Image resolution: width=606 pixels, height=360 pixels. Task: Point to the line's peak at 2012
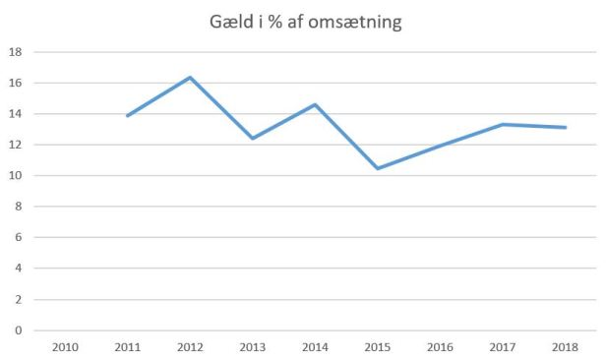[190, 78]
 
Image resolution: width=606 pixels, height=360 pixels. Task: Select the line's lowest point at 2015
[377, 168]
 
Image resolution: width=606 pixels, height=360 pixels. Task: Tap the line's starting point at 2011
[128, 116]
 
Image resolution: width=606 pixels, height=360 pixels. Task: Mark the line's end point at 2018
[564, 128]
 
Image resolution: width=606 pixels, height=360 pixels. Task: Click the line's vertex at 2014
[315, 104]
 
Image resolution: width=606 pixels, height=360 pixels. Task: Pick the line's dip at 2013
[252, 139]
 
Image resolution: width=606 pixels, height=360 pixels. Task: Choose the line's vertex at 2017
[502, 125]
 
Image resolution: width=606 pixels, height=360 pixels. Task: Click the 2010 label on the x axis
[66, 346]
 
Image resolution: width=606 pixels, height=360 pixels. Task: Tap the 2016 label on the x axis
[440, 346]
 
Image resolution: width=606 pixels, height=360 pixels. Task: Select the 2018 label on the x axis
[565, 346]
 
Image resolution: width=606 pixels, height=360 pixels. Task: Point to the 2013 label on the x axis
[253, 346]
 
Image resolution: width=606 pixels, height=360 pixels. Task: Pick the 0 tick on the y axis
[17, 330]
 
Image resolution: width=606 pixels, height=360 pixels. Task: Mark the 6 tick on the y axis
[17, 238]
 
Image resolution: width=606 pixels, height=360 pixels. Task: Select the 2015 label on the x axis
[378, 346]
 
